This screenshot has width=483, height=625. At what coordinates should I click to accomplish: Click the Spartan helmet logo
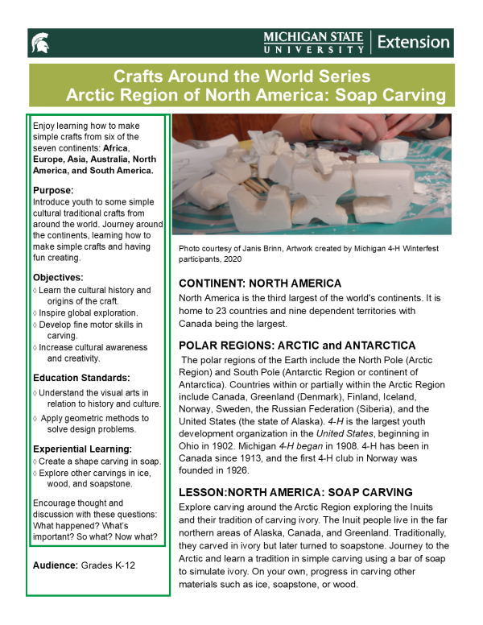(39, 42)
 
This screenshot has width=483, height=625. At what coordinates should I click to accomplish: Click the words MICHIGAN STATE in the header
(314, 36)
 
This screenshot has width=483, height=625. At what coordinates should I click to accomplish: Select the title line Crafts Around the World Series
(242, 77)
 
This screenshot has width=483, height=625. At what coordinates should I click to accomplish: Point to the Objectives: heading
(59, 276)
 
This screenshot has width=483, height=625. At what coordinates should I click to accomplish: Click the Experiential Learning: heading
(82, 449)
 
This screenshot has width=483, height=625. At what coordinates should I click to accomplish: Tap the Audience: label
(56, 565)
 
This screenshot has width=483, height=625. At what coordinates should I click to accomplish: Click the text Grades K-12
(108, 565)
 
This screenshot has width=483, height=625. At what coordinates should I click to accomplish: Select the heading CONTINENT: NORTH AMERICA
(260, 284)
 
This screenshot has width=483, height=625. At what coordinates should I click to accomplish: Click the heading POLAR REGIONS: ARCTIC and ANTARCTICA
(297, 345)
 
